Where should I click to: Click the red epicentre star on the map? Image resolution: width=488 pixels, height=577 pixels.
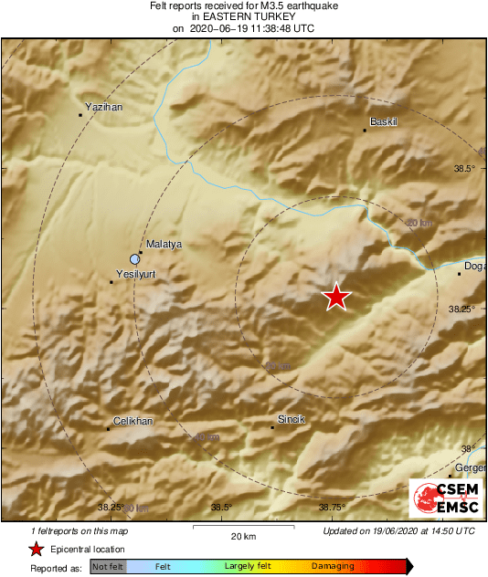tap(337, 297)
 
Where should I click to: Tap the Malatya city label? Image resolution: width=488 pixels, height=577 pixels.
tap(165, 244)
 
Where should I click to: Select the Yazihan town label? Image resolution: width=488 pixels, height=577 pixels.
tap(103, 107)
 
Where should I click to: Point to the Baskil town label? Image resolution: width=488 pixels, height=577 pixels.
tap(385, 121)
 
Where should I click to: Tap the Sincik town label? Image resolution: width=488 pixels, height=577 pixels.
tap(290, 419)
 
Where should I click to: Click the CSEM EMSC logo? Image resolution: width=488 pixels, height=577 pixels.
tap(445, 498)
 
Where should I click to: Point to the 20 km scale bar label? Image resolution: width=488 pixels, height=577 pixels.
tap(242, 535)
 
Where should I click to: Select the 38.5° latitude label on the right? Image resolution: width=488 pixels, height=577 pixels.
tap(466, 168)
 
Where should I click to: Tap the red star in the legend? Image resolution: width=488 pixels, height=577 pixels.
tap(37, 550)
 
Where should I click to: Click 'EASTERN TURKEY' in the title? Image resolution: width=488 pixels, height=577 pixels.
tap(243, 16)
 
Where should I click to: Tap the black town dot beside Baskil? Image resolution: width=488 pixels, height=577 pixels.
tap(365, 131)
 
